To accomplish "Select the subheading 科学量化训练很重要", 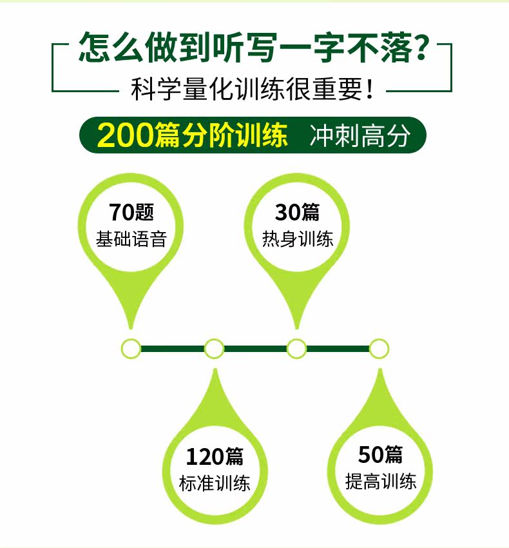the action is (x=247, y=90).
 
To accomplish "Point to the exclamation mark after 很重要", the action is (x=370, y=90).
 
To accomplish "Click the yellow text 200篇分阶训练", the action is (x=192, y=135).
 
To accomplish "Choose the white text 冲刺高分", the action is (x=360, y=135).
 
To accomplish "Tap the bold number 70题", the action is (x=131, y=212).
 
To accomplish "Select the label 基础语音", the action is (x=131, y=239).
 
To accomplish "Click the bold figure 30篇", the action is (x=297, y=212).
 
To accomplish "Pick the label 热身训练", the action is (x=298, y=239).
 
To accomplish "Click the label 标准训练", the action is (x=214, y=484).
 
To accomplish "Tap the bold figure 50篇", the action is (x=380, y=455).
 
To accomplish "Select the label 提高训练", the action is (x=381, y=482).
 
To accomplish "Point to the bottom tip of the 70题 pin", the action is (x=131, y=329).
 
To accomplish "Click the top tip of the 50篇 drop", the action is (x=380, y=369).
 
